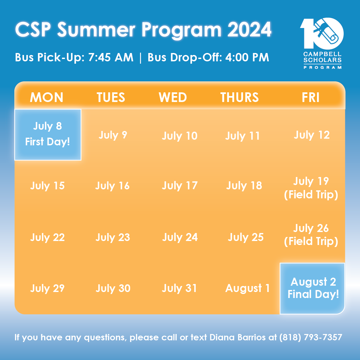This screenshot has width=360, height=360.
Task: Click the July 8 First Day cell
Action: (48, 135)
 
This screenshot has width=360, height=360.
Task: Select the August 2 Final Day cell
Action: (312, 288)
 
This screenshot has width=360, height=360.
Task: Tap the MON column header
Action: (47, 97)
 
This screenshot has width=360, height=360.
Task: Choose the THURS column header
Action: (239, 97)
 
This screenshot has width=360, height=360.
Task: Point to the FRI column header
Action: (310, 97)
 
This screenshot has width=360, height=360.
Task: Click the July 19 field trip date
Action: (311, 188)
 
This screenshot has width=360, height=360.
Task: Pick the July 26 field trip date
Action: (311, 235)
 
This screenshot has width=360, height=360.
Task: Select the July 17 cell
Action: (180, 186)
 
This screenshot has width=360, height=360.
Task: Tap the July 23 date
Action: (113, 238)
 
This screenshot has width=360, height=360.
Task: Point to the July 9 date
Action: (113, 135)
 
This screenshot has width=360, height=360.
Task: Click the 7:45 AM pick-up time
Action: (111, 57)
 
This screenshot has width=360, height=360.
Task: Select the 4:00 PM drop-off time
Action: (247, 57)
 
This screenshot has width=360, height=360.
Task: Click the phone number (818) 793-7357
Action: (311, 337)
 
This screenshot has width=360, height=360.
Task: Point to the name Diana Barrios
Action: (238, 337)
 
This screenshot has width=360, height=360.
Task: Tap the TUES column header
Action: (111, 97)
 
